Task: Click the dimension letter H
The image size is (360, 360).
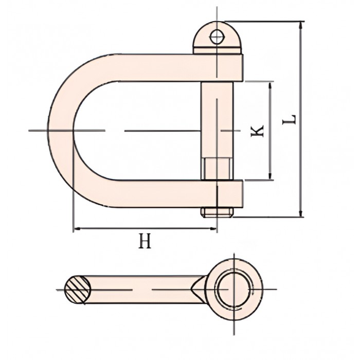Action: click(145, 241)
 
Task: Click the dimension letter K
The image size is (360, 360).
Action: click(257, 131)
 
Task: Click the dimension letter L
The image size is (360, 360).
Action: click(289, 119)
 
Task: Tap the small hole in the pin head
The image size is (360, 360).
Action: click(217, 37)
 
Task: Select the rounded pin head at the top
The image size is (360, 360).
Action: click(217, 38)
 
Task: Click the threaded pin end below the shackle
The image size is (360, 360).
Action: click(217, 212)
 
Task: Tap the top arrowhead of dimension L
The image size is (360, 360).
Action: click(301, 25)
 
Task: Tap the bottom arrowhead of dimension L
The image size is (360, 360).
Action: click(301, 213)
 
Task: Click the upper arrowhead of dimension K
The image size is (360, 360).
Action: click(271, 85)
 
